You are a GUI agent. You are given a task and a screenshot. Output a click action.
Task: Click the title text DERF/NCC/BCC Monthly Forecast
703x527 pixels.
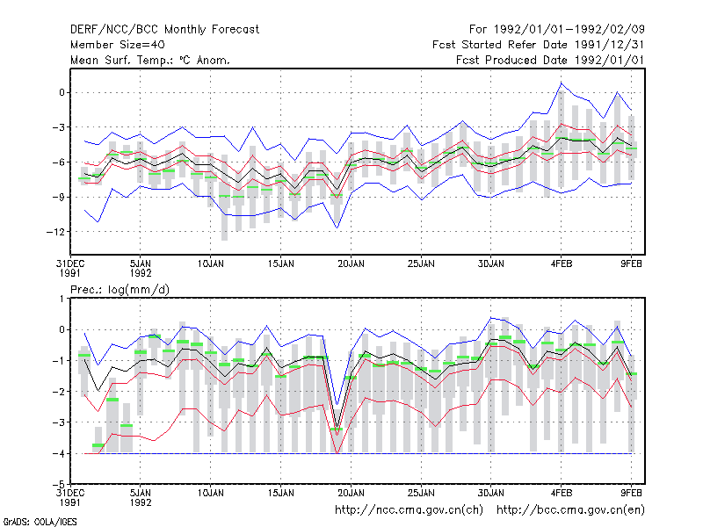(x=164, y=30)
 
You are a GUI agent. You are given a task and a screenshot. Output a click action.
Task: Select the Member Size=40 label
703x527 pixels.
(x=118, y=45)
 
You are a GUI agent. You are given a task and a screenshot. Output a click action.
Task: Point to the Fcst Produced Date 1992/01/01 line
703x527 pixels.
(x=550, y=60)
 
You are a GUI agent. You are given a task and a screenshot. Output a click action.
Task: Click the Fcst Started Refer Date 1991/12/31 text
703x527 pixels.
(x=538, y=45)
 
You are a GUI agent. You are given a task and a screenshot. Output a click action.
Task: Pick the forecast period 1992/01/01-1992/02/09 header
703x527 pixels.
(x=557, y=30)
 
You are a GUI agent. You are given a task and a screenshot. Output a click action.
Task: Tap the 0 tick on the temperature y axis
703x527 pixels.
(x=62, y=93)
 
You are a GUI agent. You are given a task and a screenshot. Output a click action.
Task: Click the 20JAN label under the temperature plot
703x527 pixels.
(x=351, y=264)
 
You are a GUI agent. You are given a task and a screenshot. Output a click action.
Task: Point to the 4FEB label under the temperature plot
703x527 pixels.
(x=562, y=264)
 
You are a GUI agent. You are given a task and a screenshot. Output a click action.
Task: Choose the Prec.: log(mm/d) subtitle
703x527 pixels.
(x=120, y=290)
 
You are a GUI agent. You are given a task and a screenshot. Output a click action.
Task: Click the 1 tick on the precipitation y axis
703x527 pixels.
(x=62, y=299)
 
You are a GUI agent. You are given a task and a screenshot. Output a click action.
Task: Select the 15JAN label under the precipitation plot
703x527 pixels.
(x=280, y=494)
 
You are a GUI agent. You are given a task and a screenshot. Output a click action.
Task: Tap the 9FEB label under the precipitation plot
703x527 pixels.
(x=631, y=494)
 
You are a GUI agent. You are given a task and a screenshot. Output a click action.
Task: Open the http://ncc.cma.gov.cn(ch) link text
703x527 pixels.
(x=409, y=510)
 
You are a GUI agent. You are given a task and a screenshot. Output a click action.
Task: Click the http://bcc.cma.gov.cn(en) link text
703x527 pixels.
(x=570, y=510)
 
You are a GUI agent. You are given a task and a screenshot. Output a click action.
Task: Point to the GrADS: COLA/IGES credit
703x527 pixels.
(x=40, y=522)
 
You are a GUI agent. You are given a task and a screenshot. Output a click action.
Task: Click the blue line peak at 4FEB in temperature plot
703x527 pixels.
(x=562, y=83)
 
